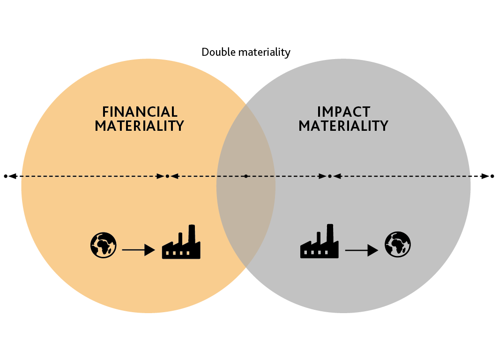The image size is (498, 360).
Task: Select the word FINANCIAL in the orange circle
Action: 140,112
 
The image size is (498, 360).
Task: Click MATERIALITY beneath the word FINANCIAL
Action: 139,126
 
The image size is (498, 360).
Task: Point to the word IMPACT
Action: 343,112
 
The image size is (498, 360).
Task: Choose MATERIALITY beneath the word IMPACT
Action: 343,126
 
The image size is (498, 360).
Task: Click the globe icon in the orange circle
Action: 103,245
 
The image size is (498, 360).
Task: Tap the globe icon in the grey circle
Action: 398,245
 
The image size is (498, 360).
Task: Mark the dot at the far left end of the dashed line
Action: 6,176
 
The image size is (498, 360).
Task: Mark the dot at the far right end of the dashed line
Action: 492,176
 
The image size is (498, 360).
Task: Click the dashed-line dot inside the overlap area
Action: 246,176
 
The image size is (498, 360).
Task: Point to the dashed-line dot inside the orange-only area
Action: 167,176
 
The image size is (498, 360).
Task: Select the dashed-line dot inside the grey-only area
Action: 330,176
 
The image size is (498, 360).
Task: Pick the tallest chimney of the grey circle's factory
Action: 330,233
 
